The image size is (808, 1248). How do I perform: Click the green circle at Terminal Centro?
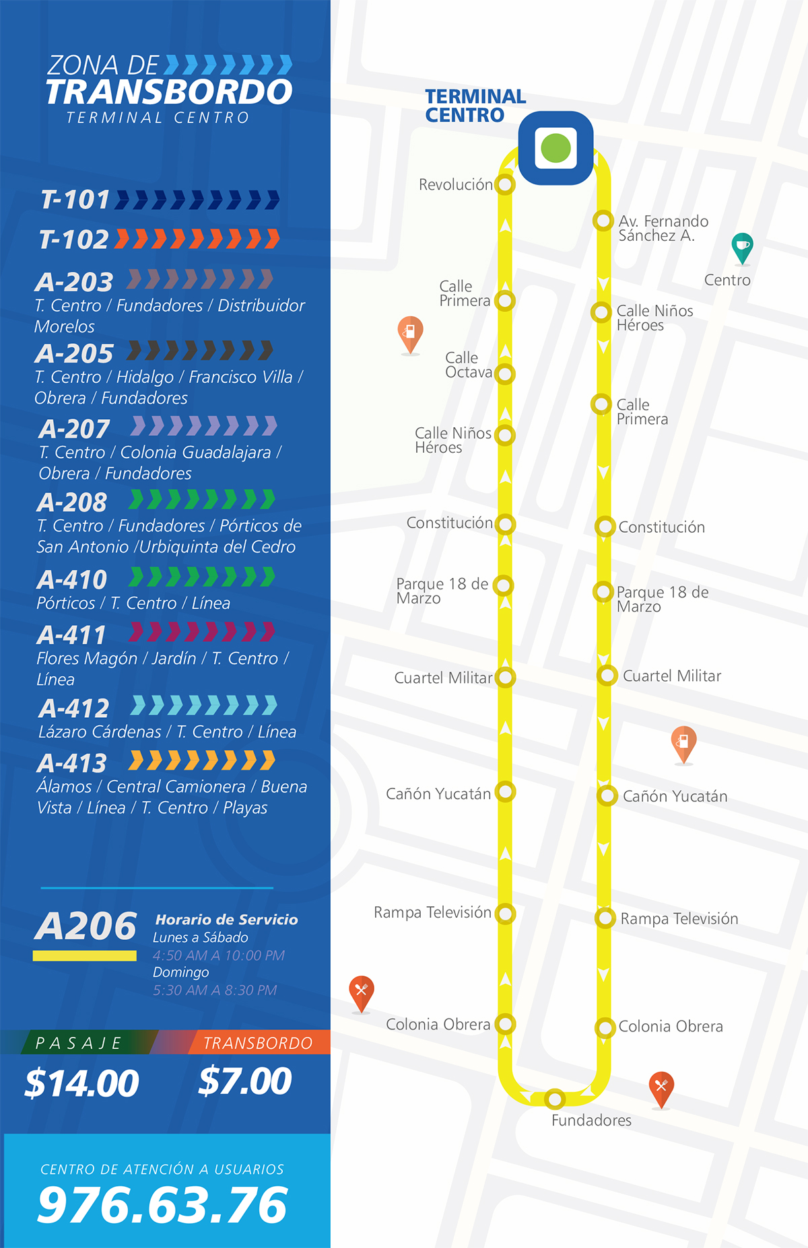click(555, 148)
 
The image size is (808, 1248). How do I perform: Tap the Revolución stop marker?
click(505, 184)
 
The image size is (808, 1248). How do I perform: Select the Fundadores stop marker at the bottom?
click(554, 1099)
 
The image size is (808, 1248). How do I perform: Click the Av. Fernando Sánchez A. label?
click(663, 228)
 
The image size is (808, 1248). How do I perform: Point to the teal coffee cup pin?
click(742, 247)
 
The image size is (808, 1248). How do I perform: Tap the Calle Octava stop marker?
click(505, 374)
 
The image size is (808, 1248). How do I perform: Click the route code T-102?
click(74, 240)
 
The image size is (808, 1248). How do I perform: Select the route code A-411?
click(71, 635)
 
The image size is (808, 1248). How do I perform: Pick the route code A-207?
click(74, 429)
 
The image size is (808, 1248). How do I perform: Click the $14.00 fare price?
click(81, 1083)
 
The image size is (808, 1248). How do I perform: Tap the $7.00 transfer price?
click(245, 1081)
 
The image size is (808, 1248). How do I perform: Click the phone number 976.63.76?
click(162, 1205)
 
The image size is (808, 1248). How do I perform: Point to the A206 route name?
click(86, 926)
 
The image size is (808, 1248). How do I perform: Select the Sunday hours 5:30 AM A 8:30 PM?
click(215, 990)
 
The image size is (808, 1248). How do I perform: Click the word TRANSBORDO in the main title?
click(169, 92)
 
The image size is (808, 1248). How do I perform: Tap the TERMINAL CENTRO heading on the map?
click(475, 106)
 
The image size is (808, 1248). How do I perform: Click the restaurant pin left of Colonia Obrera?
click(362, 992)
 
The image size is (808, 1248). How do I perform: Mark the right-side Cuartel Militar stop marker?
click(607, 675)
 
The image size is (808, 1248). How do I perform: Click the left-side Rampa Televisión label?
click(432, 912)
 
